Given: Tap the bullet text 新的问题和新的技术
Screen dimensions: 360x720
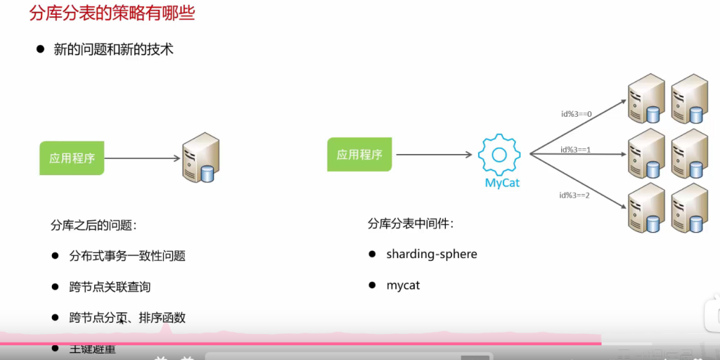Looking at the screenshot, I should [x=113, y=49].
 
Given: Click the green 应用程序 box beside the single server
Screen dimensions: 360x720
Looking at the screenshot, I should [x=72, y=158].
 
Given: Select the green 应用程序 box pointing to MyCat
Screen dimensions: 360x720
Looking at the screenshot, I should [x=359, y=155].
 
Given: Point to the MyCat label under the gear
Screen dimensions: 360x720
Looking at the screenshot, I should [x=502, y=184].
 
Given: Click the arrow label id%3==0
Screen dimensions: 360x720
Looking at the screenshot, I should [x=577, y=112].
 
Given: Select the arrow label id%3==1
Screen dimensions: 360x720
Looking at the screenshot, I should [x=576, y=149].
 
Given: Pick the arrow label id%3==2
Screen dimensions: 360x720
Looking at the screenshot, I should [x=574, y=195].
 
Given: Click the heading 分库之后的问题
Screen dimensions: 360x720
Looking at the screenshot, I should [x=94, y=225].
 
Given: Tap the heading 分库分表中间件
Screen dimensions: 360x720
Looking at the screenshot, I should [x=411, y=224].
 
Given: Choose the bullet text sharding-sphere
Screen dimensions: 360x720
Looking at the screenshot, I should [x=432, y=254].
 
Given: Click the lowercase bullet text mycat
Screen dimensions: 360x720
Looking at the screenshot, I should [x=403, y=285].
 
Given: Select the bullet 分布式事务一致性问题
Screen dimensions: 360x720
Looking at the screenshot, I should [x=127, y=256].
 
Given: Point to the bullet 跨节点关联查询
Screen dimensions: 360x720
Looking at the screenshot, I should [x=110, y=287].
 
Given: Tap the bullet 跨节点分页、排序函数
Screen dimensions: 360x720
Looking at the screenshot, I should [x=127, y=318].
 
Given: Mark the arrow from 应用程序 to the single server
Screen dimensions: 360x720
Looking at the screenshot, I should [x=141, y=158].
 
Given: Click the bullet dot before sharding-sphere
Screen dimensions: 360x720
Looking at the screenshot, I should [x=372, y=254].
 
